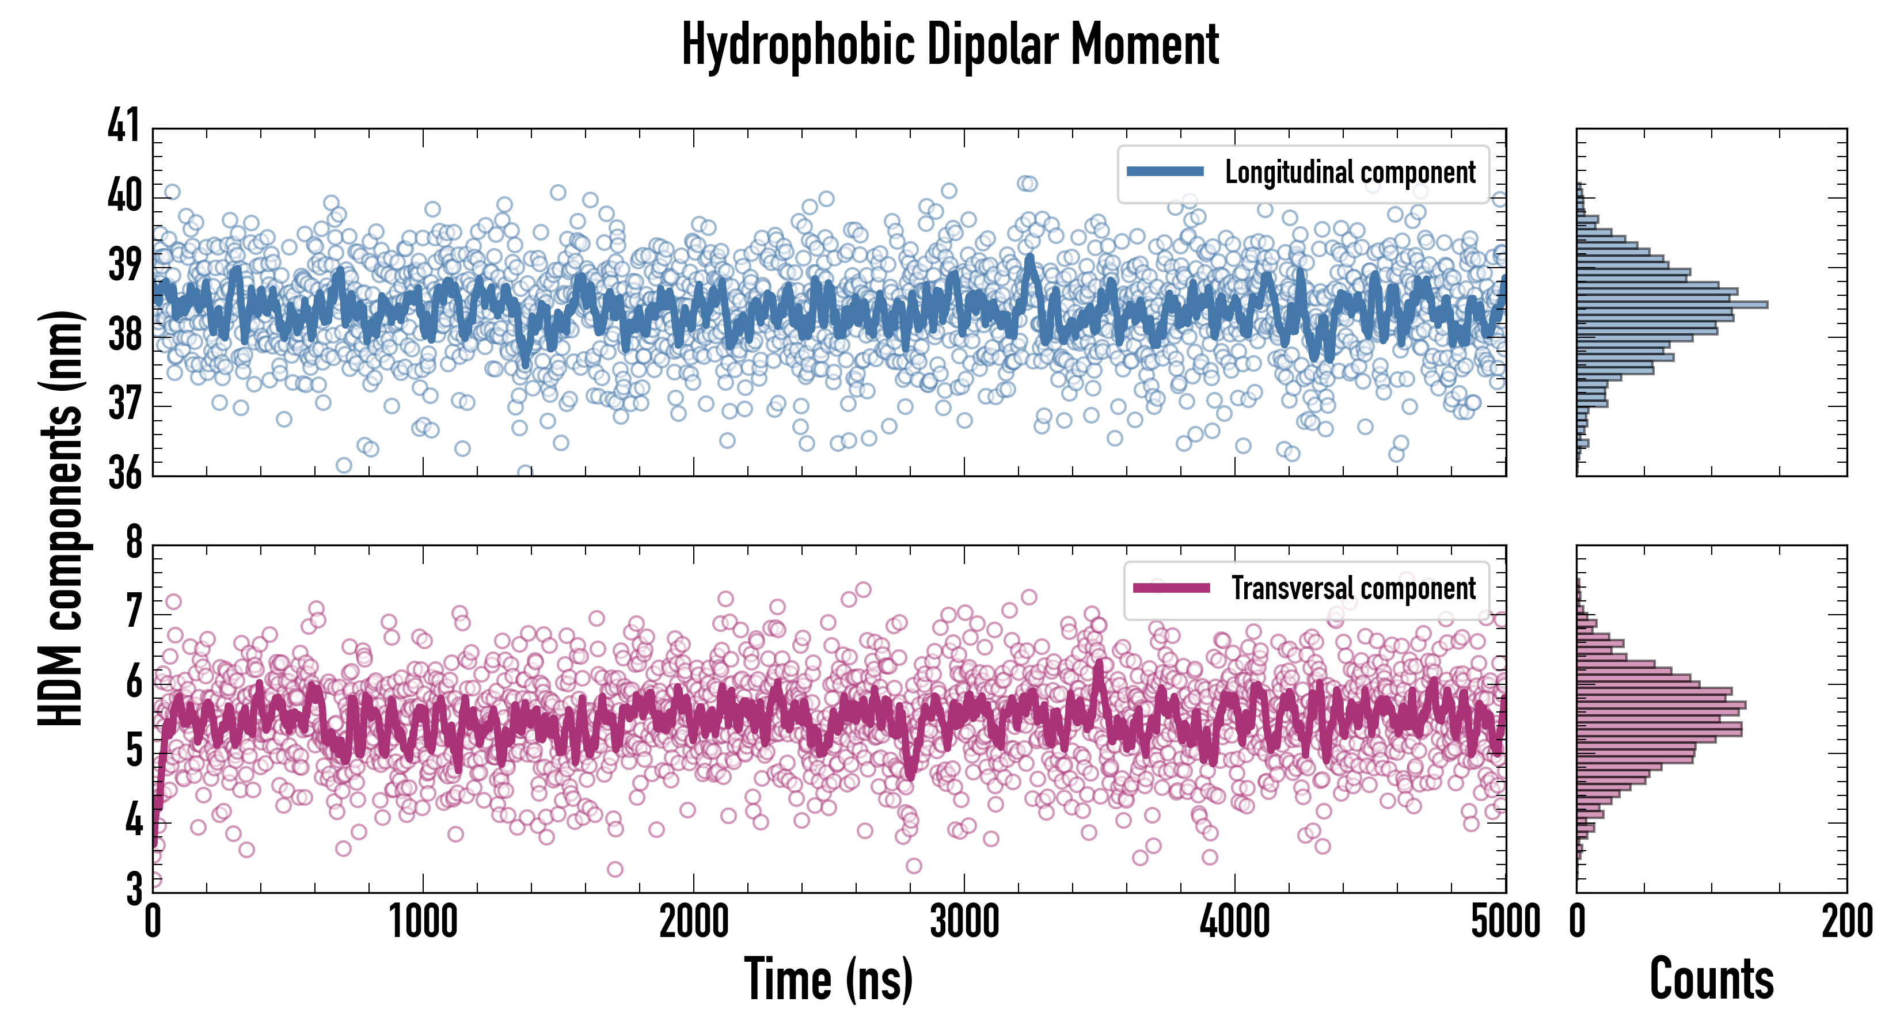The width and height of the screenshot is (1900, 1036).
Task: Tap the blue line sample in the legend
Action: [x=1165, y=172]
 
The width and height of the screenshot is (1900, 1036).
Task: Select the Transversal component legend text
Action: [x=1354, y=588]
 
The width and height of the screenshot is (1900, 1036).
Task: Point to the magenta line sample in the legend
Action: [x=1171, y=588]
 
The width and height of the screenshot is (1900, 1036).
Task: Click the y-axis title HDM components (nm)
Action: [x=60, y=516]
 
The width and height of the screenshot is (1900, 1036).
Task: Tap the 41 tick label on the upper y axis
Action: [x=123, y=125]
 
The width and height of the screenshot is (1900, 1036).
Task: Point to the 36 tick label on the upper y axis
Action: [x=123, y=473]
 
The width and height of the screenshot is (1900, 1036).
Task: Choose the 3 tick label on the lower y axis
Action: [x=134, y=889]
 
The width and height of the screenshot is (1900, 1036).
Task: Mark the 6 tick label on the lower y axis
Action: [x=134, y=682]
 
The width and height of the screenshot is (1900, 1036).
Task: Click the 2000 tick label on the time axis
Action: [x=693, y=921]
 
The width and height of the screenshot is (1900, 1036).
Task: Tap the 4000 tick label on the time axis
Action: [x=1234, y=921]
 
